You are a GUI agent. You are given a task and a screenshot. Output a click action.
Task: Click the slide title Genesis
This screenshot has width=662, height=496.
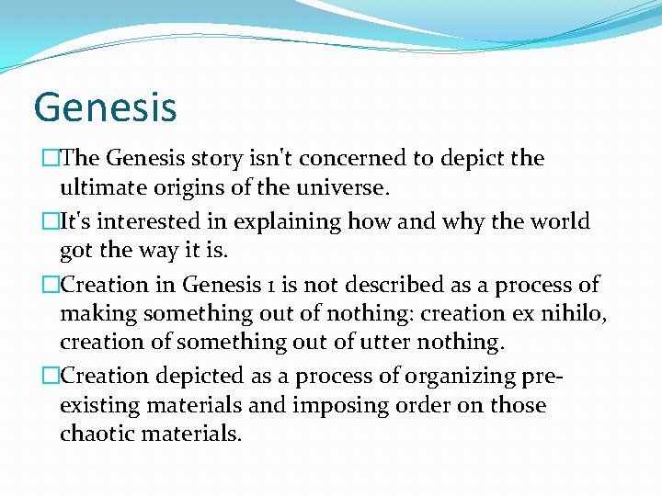click(x=105, y=107)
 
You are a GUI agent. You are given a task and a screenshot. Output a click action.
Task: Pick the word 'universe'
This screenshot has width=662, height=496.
click(x=348, y=189)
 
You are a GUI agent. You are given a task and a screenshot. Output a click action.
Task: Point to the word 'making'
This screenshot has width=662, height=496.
click(x=97, y=314)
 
